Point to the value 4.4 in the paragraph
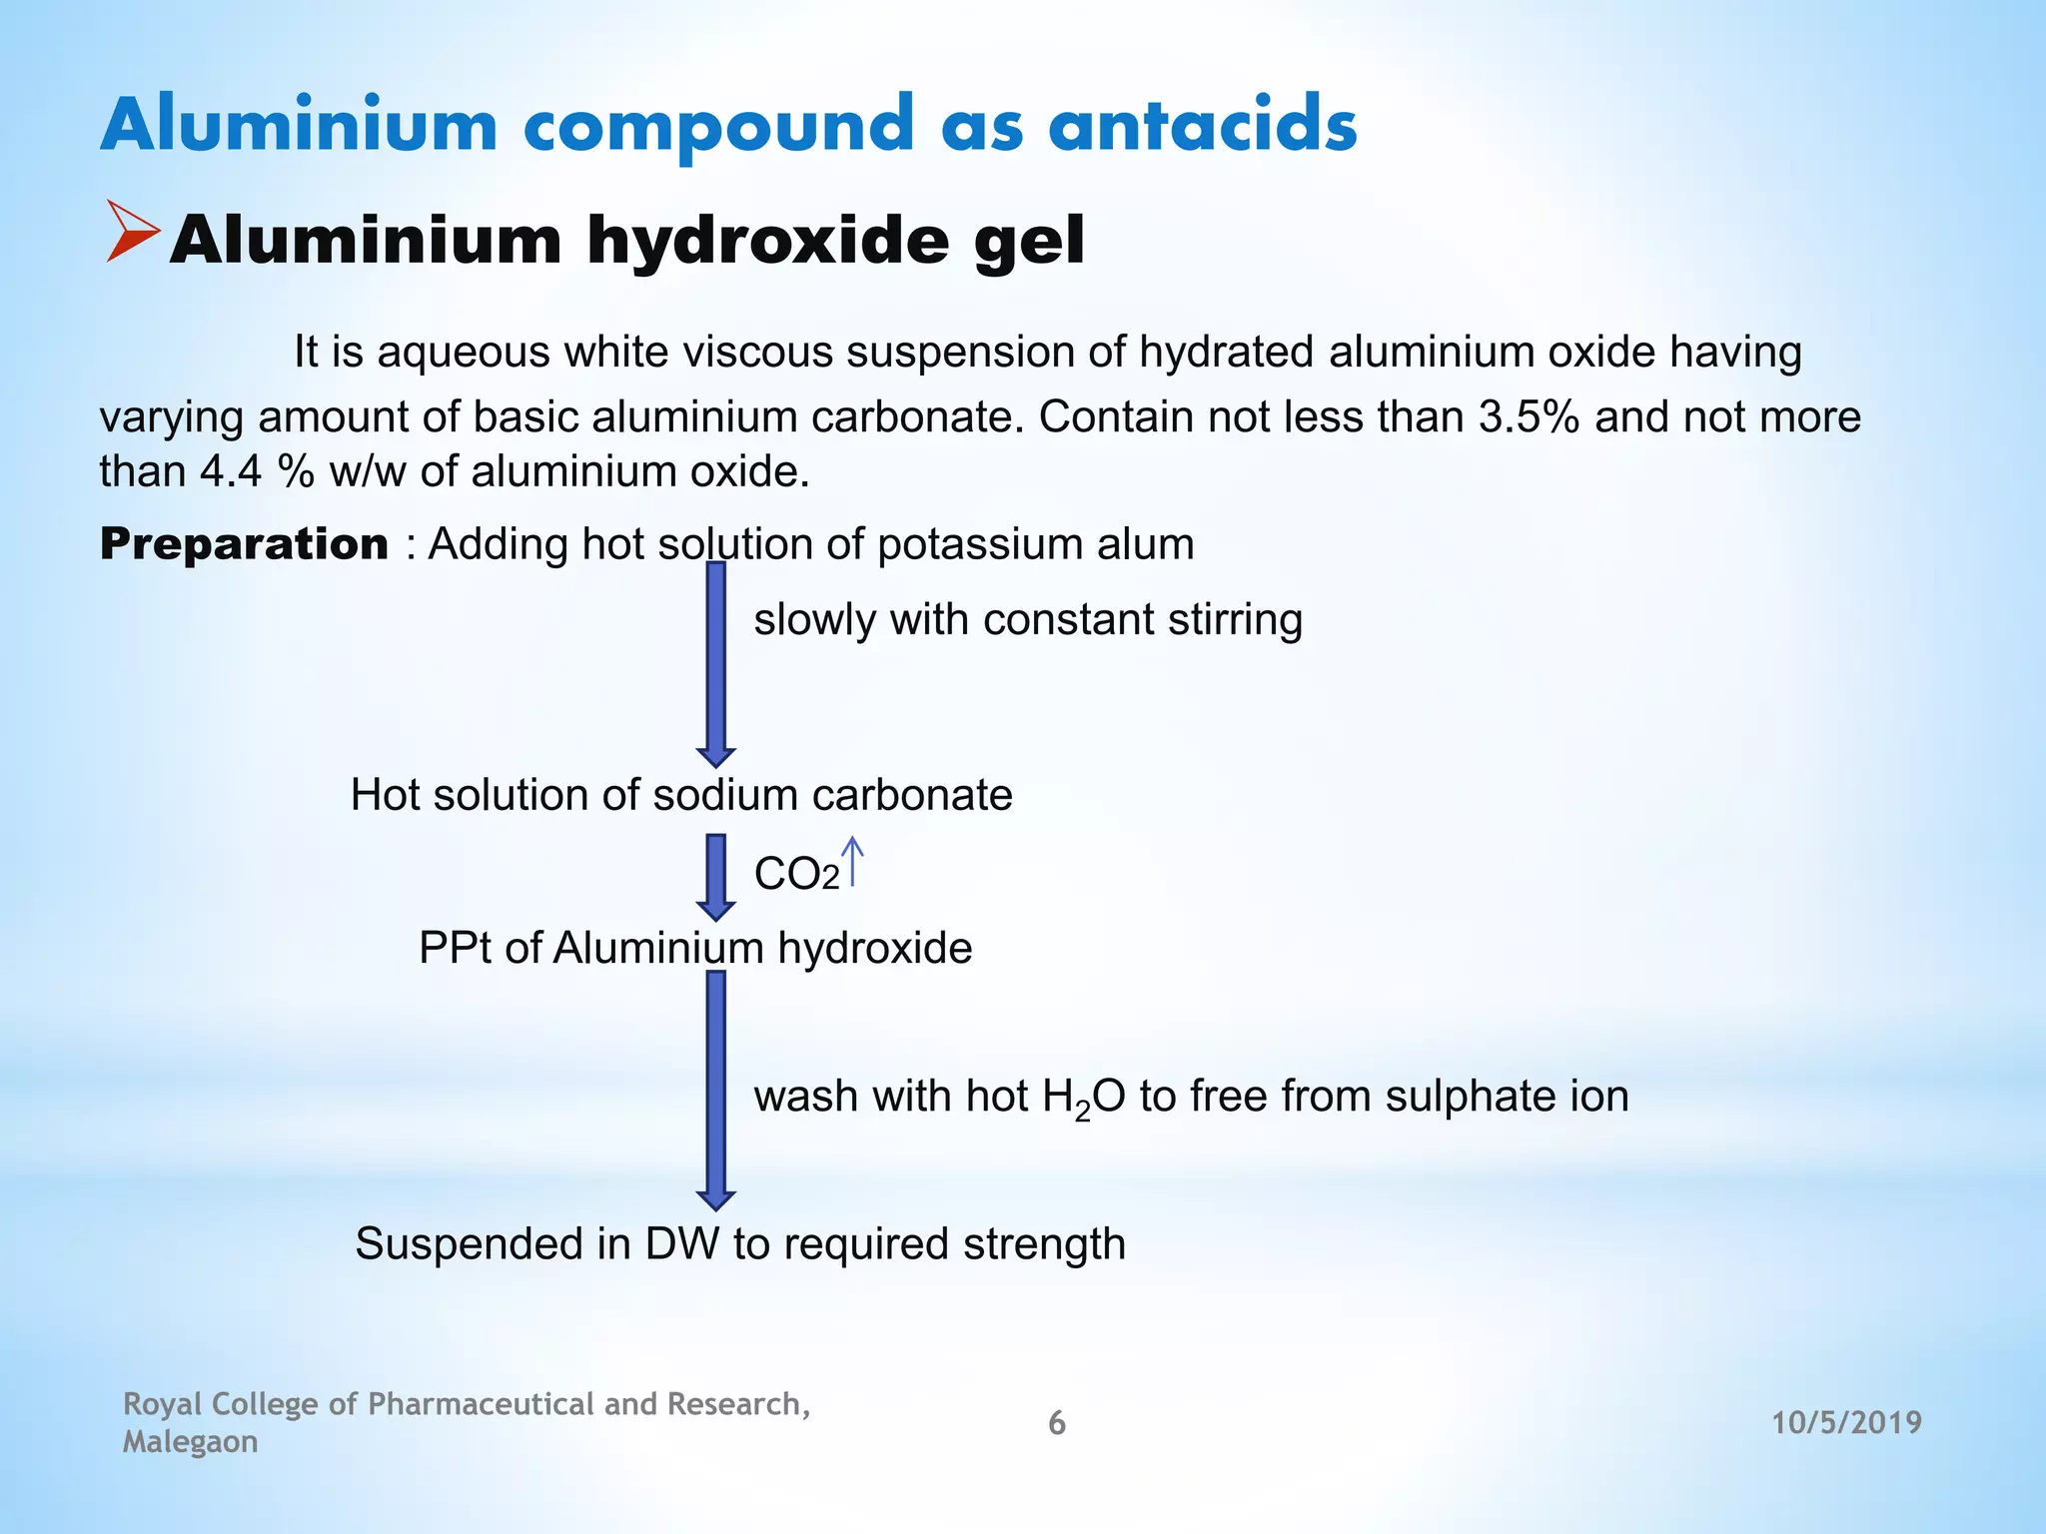tap(230, 470)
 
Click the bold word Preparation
tap(244, 544)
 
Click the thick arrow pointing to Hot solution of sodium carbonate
tap(715, 664)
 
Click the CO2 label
tap(796, 875)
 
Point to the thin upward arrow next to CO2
tap(852, 861)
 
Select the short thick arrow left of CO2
tap(715, 877)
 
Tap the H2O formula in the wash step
tap(1083, 1098)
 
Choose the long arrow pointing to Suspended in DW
tap(715, 1090)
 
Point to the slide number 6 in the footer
tap(1056, 1423)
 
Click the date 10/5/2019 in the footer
tap(1846, 1422)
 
